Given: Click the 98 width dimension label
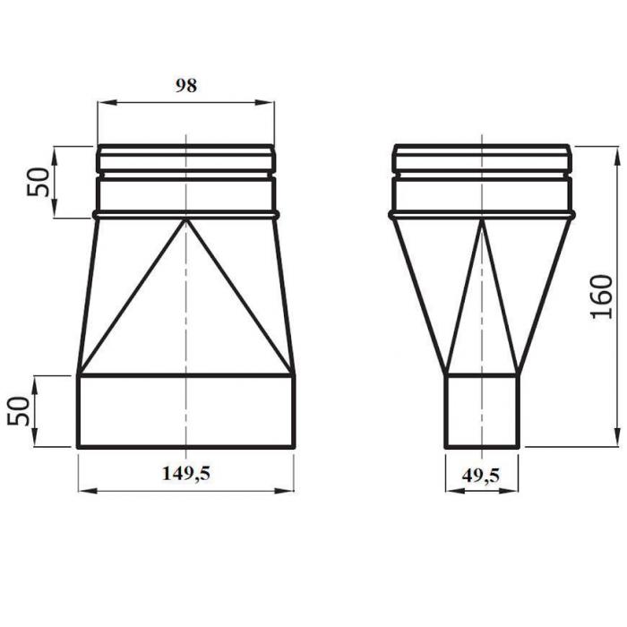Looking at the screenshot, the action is tap(186, 86).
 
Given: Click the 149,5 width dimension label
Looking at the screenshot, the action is tap(186, 474).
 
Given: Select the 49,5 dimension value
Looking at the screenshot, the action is tap(481, 476).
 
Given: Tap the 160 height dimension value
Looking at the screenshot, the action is tap(601, 296).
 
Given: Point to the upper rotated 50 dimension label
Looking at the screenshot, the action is tap(38, 182).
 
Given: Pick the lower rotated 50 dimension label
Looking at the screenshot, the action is tap(19, 411).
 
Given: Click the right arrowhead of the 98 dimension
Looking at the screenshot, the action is tap(265, 103).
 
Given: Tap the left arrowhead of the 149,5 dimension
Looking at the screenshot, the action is tap(88, 491).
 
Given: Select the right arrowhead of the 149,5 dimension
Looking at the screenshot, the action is tap(284, 491).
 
